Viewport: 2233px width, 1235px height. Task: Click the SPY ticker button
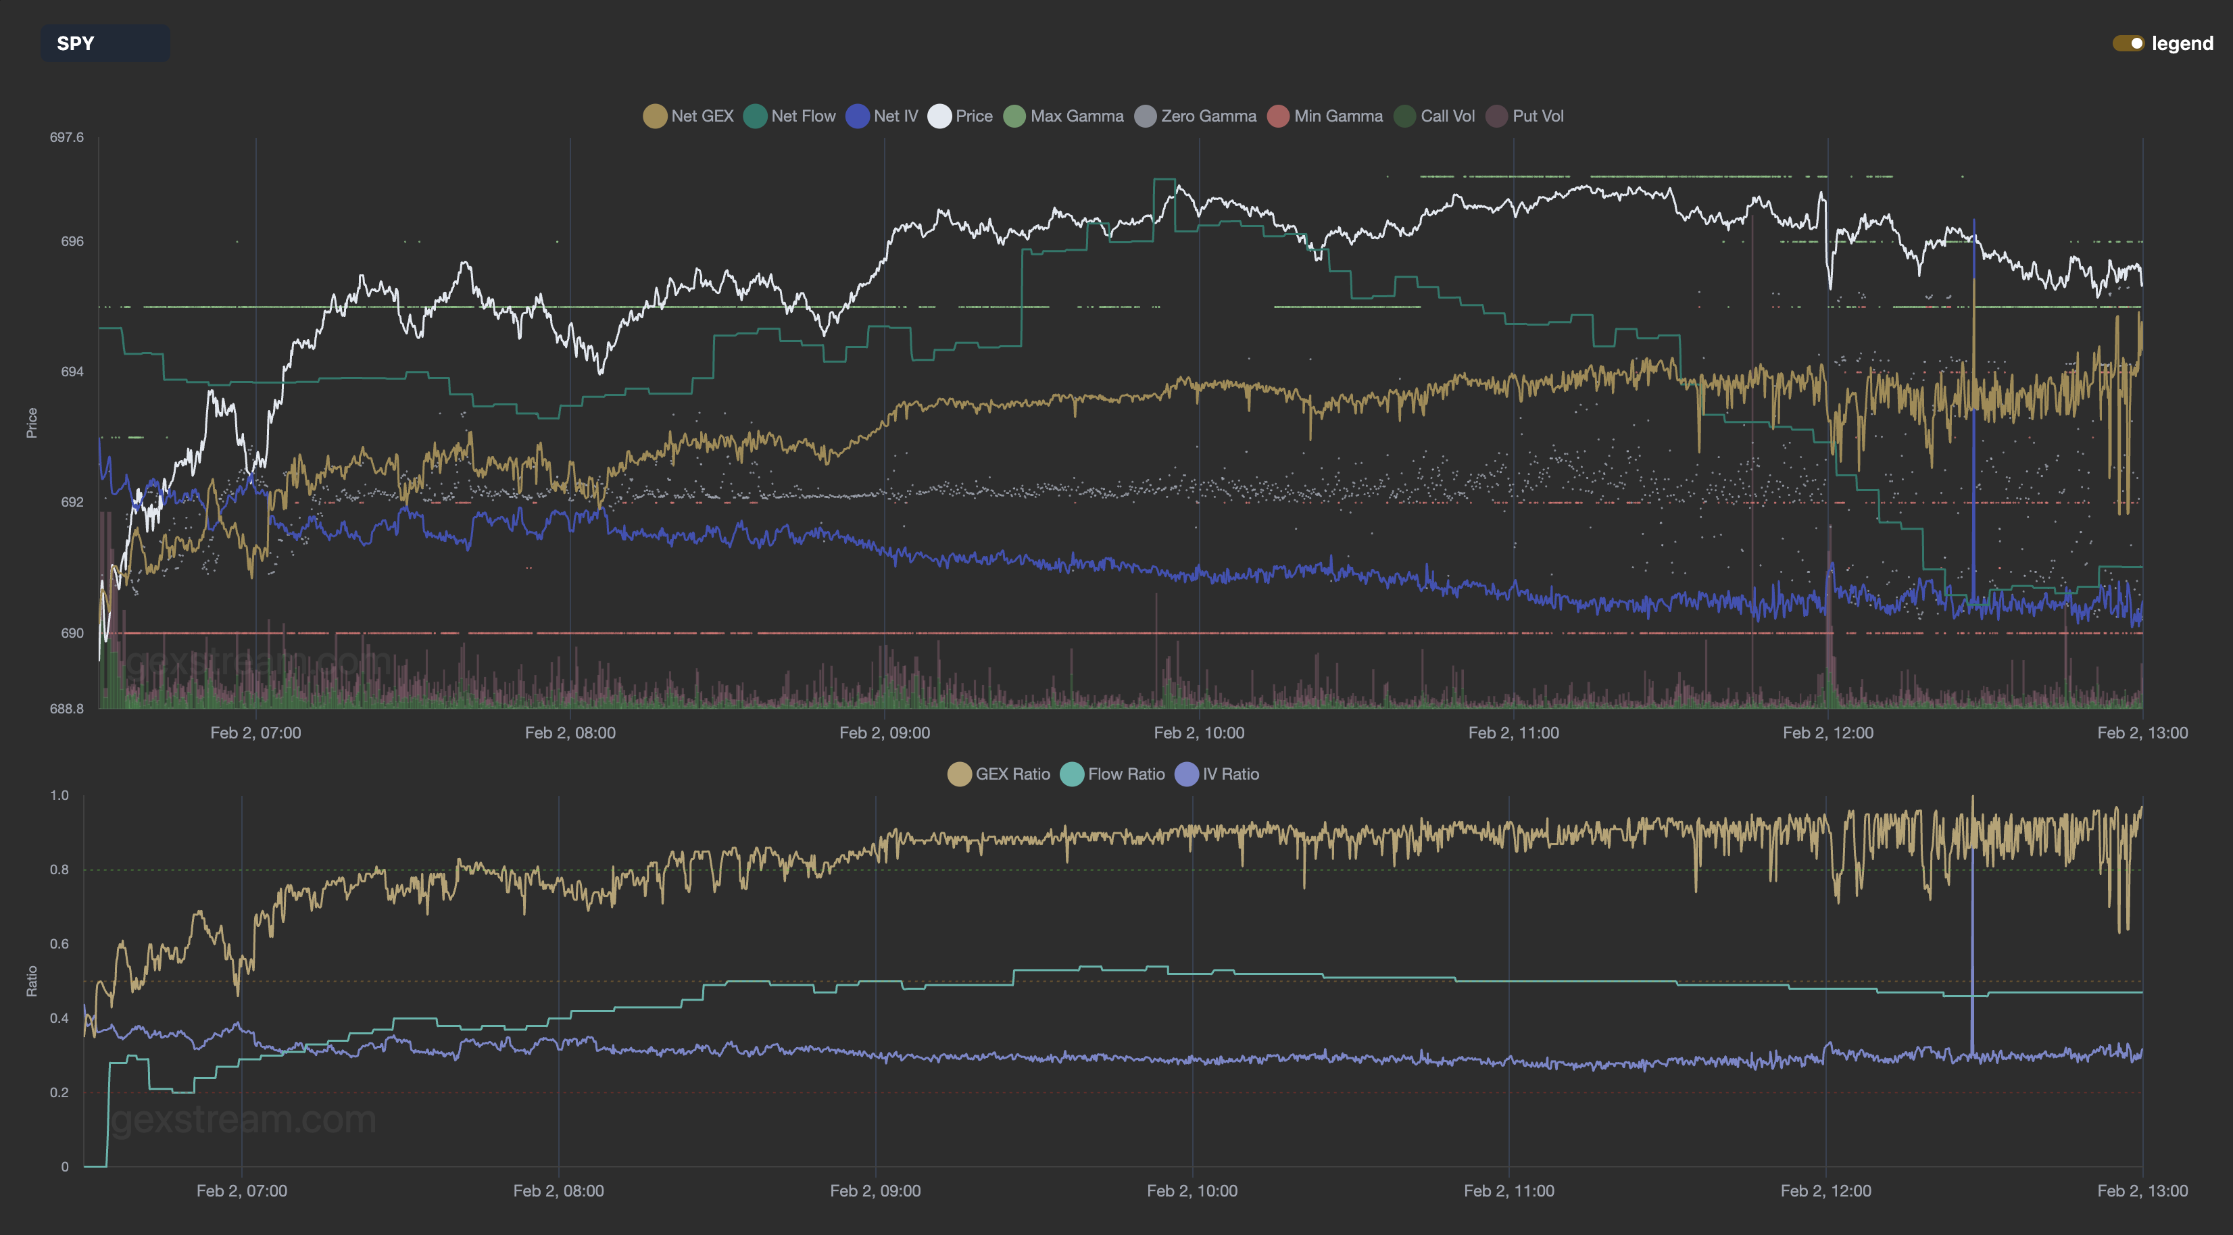point(104,43)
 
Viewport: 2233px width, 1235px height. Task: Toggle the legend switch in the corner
point(2128,43)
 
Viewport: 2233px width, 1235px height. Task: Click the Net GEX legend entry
point(689,116)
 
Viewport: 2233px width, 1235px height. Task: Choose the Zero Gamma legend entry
point(1196,116)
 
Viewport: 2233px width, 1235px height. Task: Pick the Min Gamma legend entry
point(1325,116)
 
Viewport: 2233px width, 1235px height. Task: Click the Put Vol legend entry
point(1525,116)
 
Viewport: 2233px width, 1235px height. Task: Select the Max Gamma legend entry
point(1064,116)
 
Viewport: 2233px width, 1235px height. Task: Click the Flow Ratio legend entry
point(1113,774)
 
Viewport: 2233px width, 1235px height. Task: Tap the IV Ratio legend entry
point(1217,774)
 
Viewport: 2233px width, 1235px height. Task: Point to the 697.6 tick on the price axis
point(67,137)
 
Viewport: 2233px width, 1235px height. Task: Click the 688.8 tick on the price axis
point(67,708)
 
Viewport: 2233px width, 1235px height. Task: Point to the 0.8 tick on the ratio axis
point(59,869)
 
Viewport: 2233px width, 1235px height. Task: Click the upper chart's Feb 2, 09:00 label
point(884,732)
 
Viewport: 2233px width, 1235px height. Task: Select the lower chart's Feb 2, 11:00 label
point(1508,1191)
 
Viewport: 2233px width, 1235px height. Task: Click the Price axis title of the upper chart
point(32,423)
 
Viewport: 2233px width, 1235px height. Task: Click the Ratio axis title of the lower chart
point(32,981)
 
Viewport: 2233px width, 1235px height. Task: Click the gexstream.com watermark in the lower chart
point(245,1119)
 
